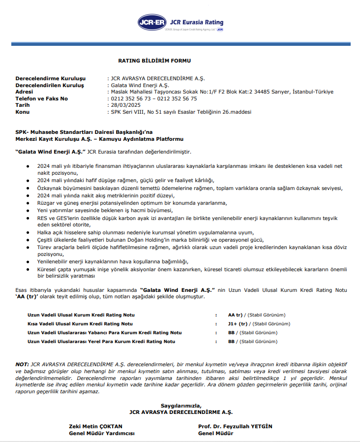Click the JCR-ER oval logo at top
pos(152,22)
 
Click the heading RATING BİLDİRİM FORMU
pos(154,61)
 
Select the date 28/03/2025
pos(126,105)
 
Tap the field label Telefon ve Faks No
pos(42,98)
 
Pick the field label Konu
pos(23,112)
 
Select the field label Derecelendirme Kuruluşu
pos(51,78)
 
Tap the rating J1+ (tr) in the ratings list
pos(238,324)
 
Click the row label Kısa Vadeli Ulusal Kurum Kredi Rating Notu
pos(80,324)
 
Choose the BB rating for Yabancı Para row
pos(231,333)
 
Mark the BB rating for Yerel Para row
pos(231,341)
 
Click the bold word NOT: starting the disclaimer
pos(22,364)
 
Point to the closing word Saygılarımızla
pos(180,406)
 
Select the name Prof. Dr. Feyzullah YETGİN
pos(235,426)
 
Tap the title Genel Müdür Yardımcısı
pos(101,433)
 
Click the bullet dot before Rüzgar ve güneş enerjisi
pos(28,203)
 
